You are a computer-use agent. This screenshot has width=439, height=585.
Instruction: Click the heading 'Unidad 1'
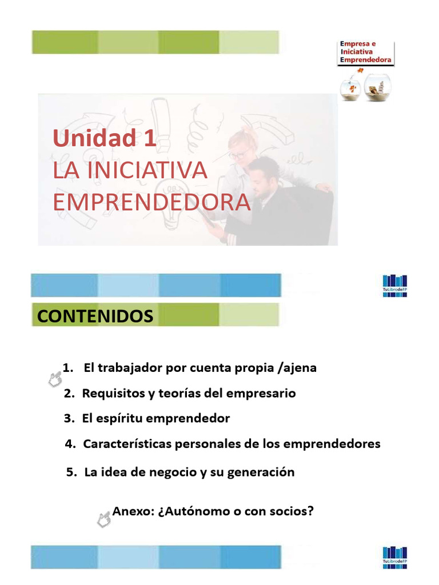click(105, 139)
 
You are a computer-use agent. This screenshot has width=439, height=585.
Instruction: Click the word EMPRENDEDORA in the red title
click(151, 202)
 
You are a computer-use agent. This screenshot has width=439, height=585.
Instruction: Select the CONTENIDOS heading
click(95, 316)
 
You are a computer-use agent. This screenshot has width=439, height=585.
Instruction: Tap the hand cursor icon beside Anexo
click(104, 518)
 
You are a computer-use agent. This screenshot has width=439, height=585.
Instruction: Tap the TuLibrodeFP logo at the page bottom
click(395, 558)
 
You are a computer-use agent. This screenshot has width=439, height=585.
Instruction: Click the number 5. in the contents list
click(72, 472)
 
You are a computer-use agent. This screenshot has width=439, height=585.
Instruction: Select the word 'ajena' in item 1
click(300, 368)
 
